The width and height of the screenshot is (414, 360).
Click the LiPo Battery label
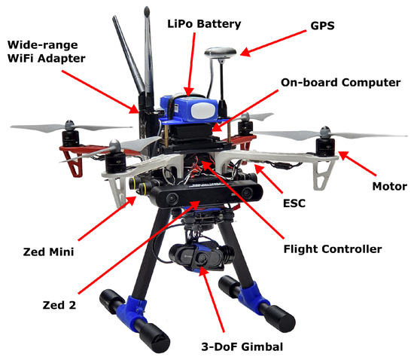click(204, 25)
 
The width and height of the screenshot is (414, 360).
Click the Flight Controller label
click(330, 248)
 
